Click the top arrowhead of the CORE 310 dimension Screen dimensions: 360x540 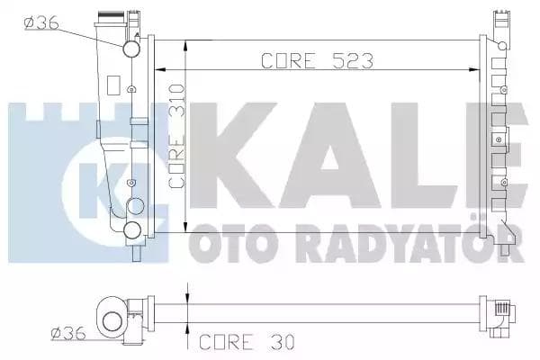[185, 44]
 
